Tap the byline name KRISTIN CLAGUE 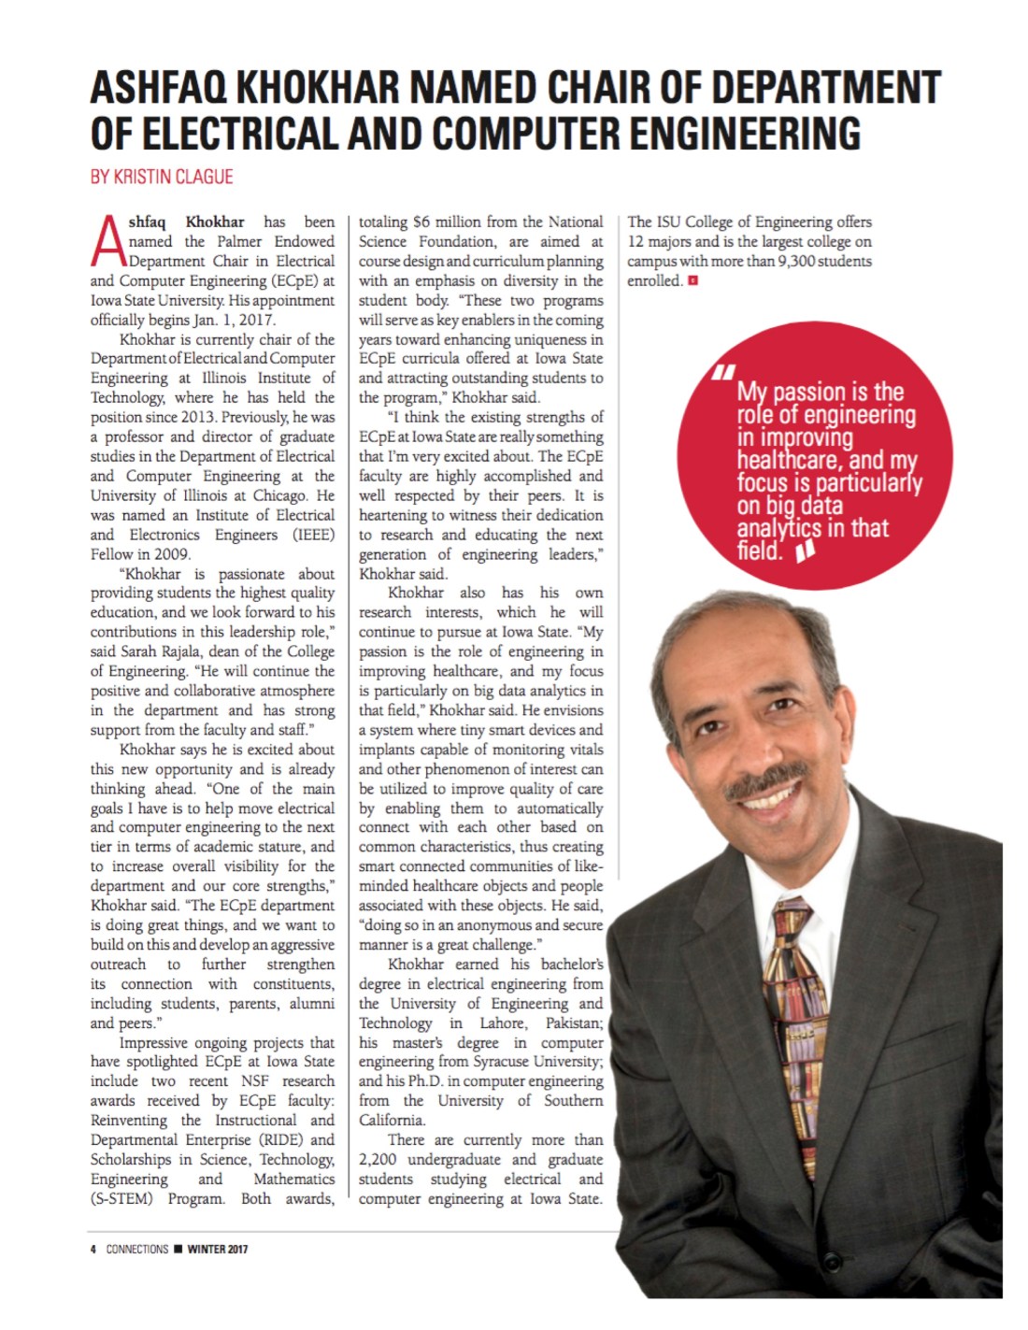174,177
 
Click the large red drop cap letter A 107,240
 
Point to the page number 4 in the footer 93,1249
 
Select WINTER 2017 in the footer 218,1249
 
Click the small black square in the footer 178,1249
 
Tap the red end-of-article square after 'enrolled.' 692,280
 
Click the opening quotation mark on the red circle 721,373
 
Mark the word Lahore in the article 503,1023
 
